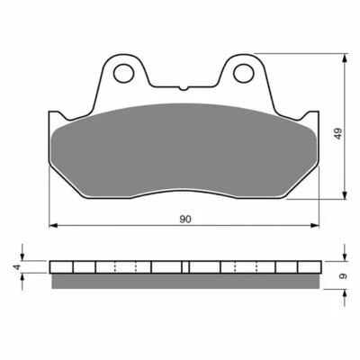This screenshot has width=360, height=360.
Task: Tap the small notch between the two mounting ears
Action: pyautogui.click(x=183, y=88)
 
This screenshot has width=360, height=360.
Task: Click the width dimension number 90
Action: pyautogui.click(x=184, y=219)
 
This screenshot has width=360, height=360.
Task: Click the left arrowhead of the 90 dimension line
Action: pyautogui.click(x=51, y=225)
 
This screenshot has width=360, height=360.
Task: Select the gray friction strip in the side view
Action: pyautogui.click(x=184, y=281)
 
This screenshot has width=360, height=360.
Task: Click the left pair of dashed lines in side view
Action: pyautogui.click(x=127, y=267)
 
